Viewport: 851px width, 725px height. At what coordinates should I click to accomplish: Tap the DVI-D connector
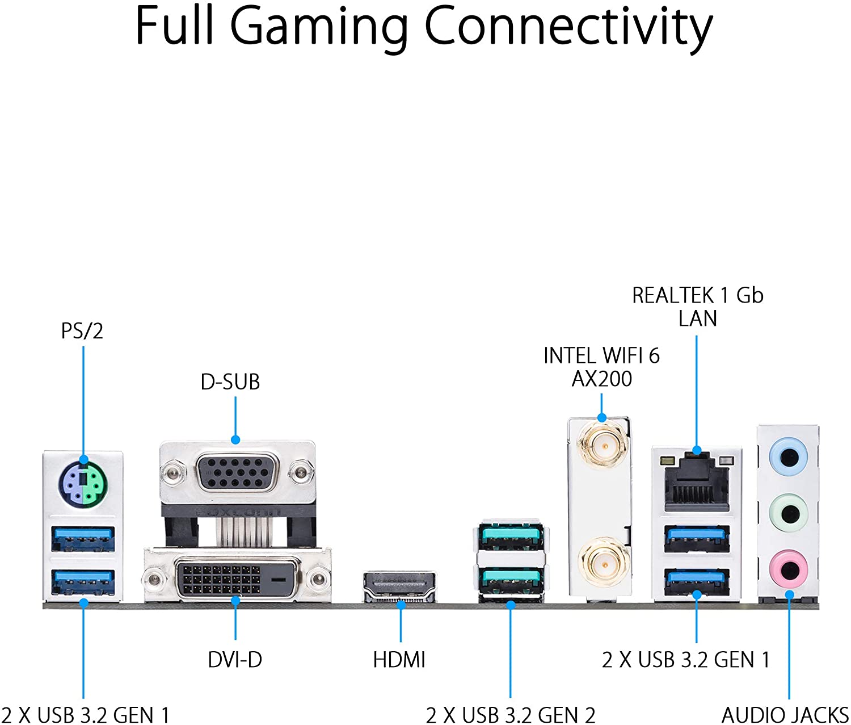[x=237, y=579]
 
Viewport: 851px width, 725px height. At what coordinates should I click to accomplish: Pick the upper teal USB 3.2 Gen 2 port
[x=511, y=536]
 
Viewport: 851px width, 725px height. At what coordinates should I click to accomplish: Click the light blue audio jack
[x=788, y=456]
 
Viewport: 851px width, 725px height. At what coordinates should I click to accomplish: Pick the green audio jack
[x=788, y=514]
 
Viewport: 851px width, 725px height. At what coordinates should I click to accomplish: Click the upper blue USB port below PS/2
[x=83, y=538]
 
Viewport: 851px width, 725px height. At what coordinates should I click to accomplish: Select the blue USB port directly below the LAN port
[x=697, y=538]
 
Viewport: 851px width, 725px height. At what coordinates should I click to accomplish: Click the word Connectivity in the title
[x=568, y=27]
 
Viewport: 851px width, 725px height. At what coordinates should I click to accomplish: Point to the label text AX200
[x=601, y=379]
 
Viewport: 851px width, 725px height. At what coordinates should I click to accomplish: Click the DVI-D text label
[x=235, y=660]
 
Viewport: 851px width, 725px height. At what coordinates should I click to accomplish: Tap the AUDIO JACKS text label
[x=785, y=715]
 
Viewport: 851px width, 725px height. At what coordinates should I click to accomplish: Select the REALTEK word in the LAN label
[x=673, y=295]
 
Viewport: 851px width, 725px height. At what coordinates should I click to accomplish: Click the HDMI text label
[x=399, y=660]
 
